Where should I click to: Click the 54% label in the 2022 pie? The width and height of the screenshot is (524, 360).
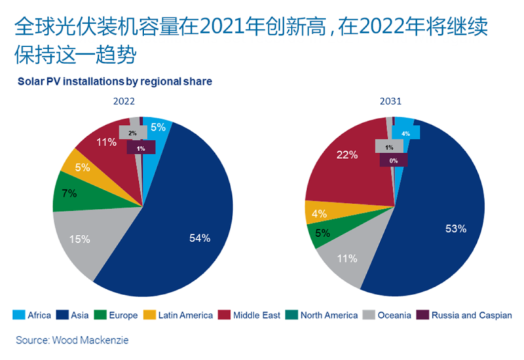[x=200, y=238]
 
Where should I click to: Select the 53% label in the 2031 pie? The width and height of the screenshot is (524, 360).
[x=455, y=228]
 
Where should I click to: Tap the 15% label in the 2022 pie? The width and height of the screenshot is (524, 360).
[x=80, y=240]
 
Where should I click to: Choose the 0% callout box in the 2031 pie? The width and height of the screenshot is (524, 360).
[x=393, y=160]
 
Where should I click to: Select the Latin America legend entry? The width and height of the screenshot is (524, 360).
[x=178, y=315]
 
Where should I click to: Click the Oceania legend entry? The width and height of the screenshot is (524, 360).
[x=386, y=315]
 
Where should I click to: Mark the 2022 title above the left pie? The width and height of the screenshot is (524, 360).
[x=124, y=102]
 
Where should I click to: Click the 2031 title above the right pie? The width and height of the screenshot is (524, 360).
[x=392, y=102]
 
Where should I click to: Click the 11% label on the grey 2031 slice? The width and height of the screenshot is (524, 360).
[x=347, y=259]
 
